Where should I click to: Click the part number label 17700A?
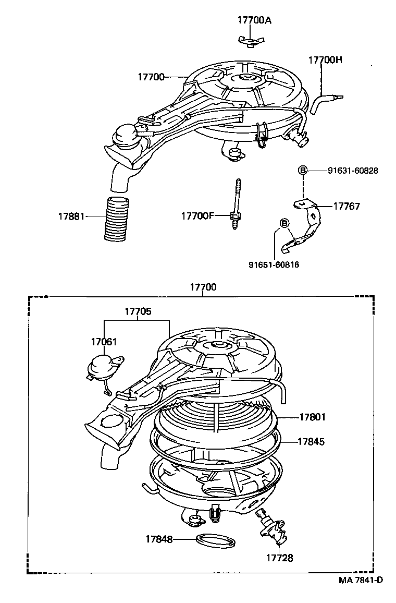coord(254,20)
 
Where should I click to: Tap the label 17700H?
coord(325,60)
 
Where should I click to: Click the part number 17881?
coord(71,215)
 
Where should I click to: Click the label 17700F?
coord(198,215)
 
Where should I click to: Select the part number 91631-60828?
coord(353,170)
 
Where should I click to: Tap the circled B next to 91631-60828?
coord(303,170)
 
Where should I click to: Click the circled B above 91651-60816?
coord(284,223)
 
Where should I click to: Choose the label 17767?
coord(346,206)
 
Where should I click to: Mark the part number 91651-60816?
coord(274,264)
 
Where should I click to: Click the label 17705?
coord(138,311)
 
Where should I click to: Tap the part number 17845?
coord(311,441)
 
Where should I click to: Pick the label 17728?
coord(280,558)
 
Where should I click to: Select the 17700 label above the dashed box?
coord(203,287)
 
